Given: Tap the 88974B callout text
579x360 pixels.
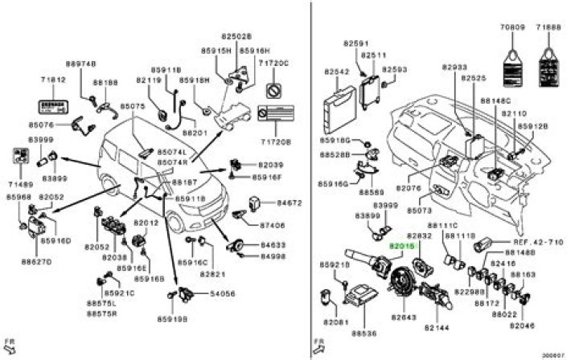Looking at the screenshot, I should pos(80,63).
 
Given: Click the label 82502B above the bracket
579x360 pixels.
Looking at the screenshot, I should pos(237,37).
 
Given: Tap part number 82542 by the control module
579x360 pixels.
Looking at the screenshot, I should pos(336,71).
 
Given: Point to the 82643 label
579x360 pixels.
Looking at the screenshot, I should pos(403,318).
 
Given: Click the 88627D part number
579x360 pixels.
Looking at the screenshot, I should pos(36,261).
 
